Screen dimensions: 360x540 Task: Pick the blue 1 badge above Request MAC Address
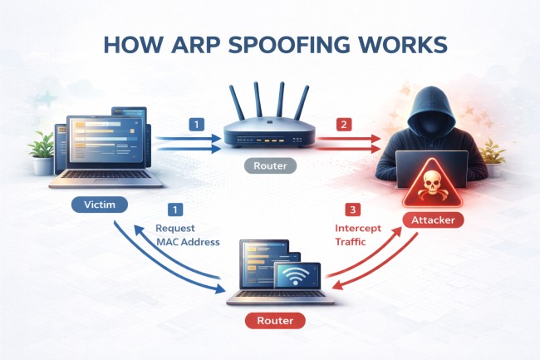tap(174, 210)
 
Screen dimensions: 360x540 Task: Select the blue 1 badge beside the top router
tap(197, 125)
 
